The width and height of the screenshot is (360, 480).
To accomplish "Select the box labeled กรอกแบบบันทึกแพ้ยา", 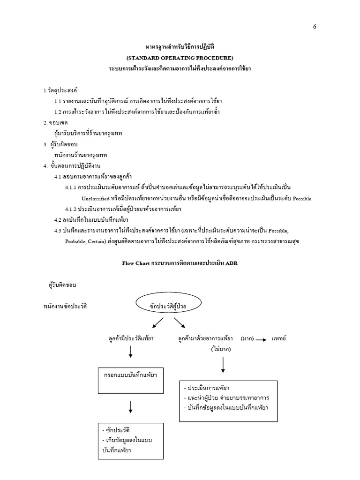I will click(x=131, y=380).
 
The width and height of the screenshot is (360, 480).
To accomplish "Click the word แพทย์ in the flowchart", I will click(x=279, y=338).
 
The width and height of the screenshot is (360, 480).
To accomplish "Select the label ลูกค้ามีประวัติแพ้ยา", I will click(x=131, y=338).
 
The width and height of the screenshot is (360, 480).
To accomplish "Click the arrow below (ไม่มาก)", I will click(x=223, y=365).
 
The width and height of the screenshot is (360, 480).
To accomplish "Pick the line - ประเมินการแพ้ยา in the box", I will click(x=207, y=388).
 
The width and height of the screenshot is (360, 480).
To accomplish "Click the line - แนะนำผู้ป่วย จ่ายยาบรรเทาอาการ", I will click(x=228, y=398).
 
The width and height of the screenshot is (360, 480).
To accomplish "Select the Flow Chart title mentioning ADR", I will click(x=180, y=263).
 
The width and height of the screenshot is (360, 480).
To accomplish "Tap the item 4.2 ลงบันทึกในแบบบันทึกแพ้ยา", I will click(x=92, y=220).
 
